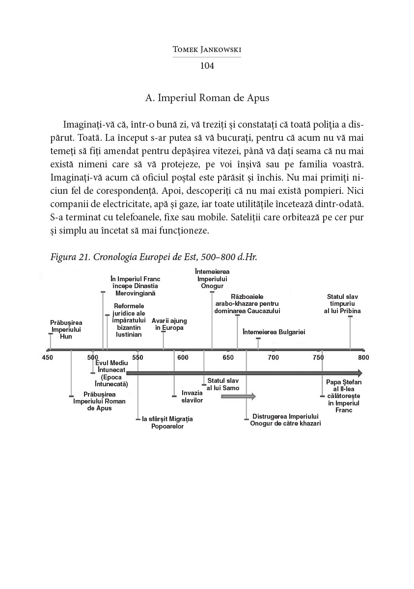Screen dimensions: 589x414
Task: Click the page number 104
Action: (207, 66)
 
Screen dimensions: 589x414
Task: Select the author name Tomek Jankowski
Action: (207, 49)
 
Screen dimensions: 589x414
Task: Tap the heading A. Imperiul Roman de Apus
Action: (207, 98)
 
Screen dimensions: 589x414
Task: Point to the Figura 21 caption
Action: (154, 257)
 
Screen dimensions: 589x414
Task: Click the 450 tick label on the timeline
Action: (48, 358)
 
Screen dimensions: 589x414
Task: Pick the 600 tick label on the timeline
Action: (183, 358)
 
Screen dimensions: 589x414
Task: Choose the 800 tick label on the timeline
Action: (363, 358)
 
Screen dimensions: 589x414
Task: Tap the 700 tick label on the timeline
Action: (273, 358)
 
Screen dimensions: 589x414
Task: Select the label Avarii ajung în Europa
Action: (169, 324)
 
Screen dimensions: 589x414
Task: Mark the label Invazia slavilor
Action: (192, 397)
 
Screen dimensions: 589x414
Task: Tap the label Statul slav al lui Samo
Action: (223, 384)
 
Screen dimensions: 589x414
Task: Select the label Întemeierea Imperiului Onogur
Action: (212, 279)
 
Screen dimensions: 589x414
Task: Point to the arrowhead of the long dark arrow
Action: (359, 373)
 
